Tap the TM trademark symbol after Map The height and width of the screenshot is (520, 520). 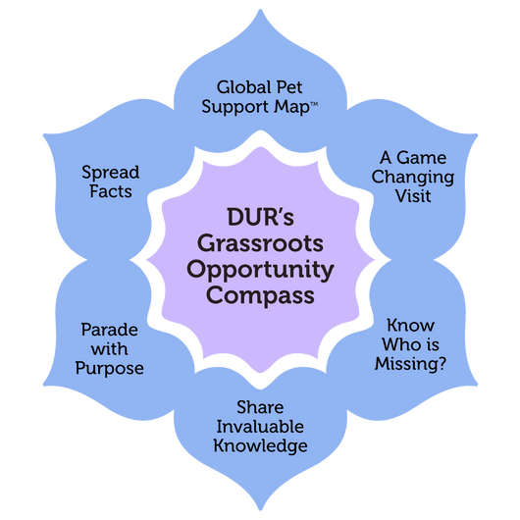pos(314,104)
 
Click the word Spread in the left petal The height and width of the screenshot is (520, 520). pos(111,173)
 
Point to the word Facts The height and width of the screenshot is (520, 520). pos(111,191)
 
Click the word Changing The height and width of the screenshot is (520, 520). pos(412,178)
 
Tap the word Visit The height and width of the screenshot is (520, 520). pos(413,196)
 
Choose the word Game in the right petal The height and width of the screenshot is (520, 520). pos(421,158)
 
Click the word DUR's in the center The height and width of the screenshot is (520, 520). pos(260,217)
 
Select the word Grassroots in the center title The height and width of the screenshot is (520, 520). pos(260,243)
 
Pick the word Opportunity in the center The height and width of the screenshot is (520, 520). pos(260,270)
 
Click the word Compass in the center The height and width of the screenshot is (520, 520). pos(260,295)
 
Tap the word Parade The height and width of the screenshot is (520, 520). pos(110,330)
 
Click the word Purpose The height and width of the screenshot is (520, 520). pos(110,369)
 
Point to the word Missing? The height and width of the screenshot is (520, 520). pos(410,364)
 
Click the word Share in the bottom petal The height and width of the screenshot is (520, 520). pos(260,407)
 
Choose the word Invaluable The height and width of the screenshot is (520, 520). pos(260,427)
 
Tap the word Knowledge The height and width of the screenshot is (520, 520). pos(260,446)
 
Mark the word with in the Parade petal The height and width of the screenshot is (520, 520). pos(110,349)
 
